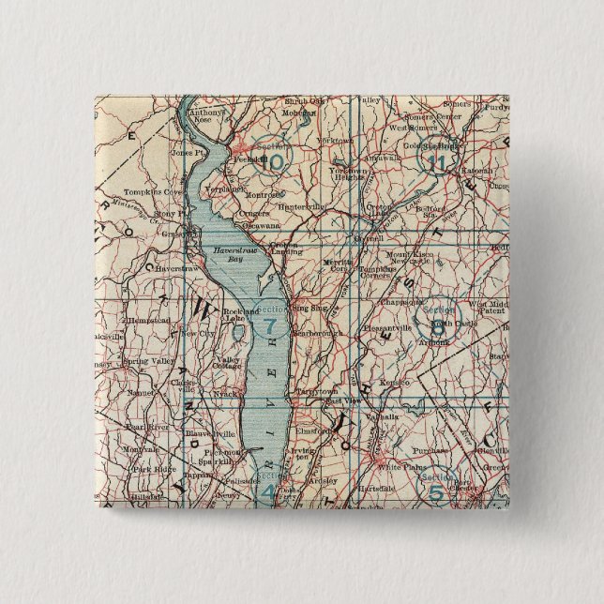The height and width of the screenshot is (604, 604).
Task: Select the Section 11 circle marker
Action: click(436, 158)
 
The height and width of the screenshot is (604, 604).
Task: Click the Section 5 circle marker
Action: click(437, 485)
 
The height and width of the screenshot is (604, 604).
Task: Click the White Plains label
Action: click(395, 466)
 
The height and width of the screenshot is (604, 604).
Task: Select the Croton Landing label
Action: click(283, 249)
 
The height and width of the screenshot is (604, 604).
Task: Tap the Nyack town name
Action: click(226, 396)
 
